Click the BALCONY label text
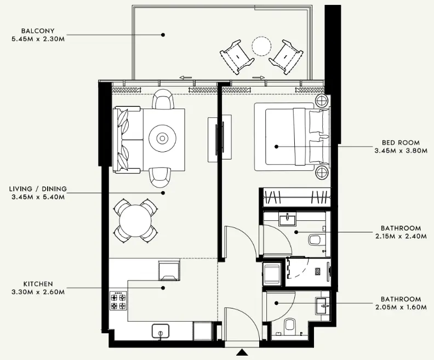(x=38, y=31)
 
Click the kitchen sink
(x=160, y=331)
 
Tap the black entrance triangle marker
(x=242, y=353)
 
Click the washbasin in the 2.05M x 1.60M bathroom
(x=323, y=304)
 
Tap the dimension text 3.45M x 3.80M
(x=400, y=150)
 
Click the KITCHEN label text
(x=38, y=284)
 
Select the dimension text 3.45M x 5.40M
(x=38, y=197)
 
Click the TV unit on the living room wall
(x=215, y=139)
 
